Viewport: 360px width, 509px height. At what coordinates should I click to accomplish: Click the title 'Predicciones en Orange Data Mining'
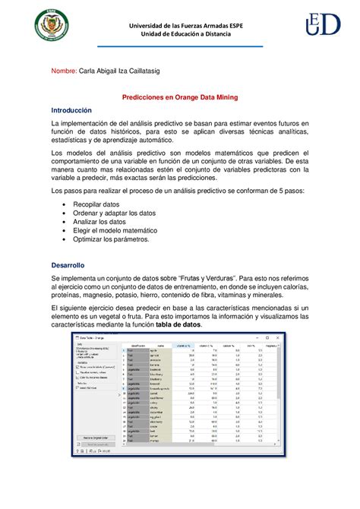180,97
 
